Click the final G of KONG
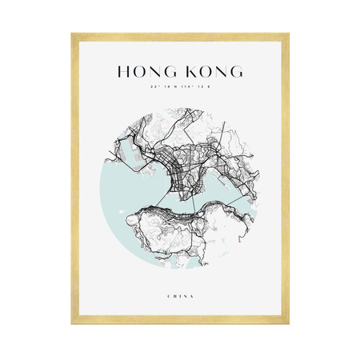point(236,72)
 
